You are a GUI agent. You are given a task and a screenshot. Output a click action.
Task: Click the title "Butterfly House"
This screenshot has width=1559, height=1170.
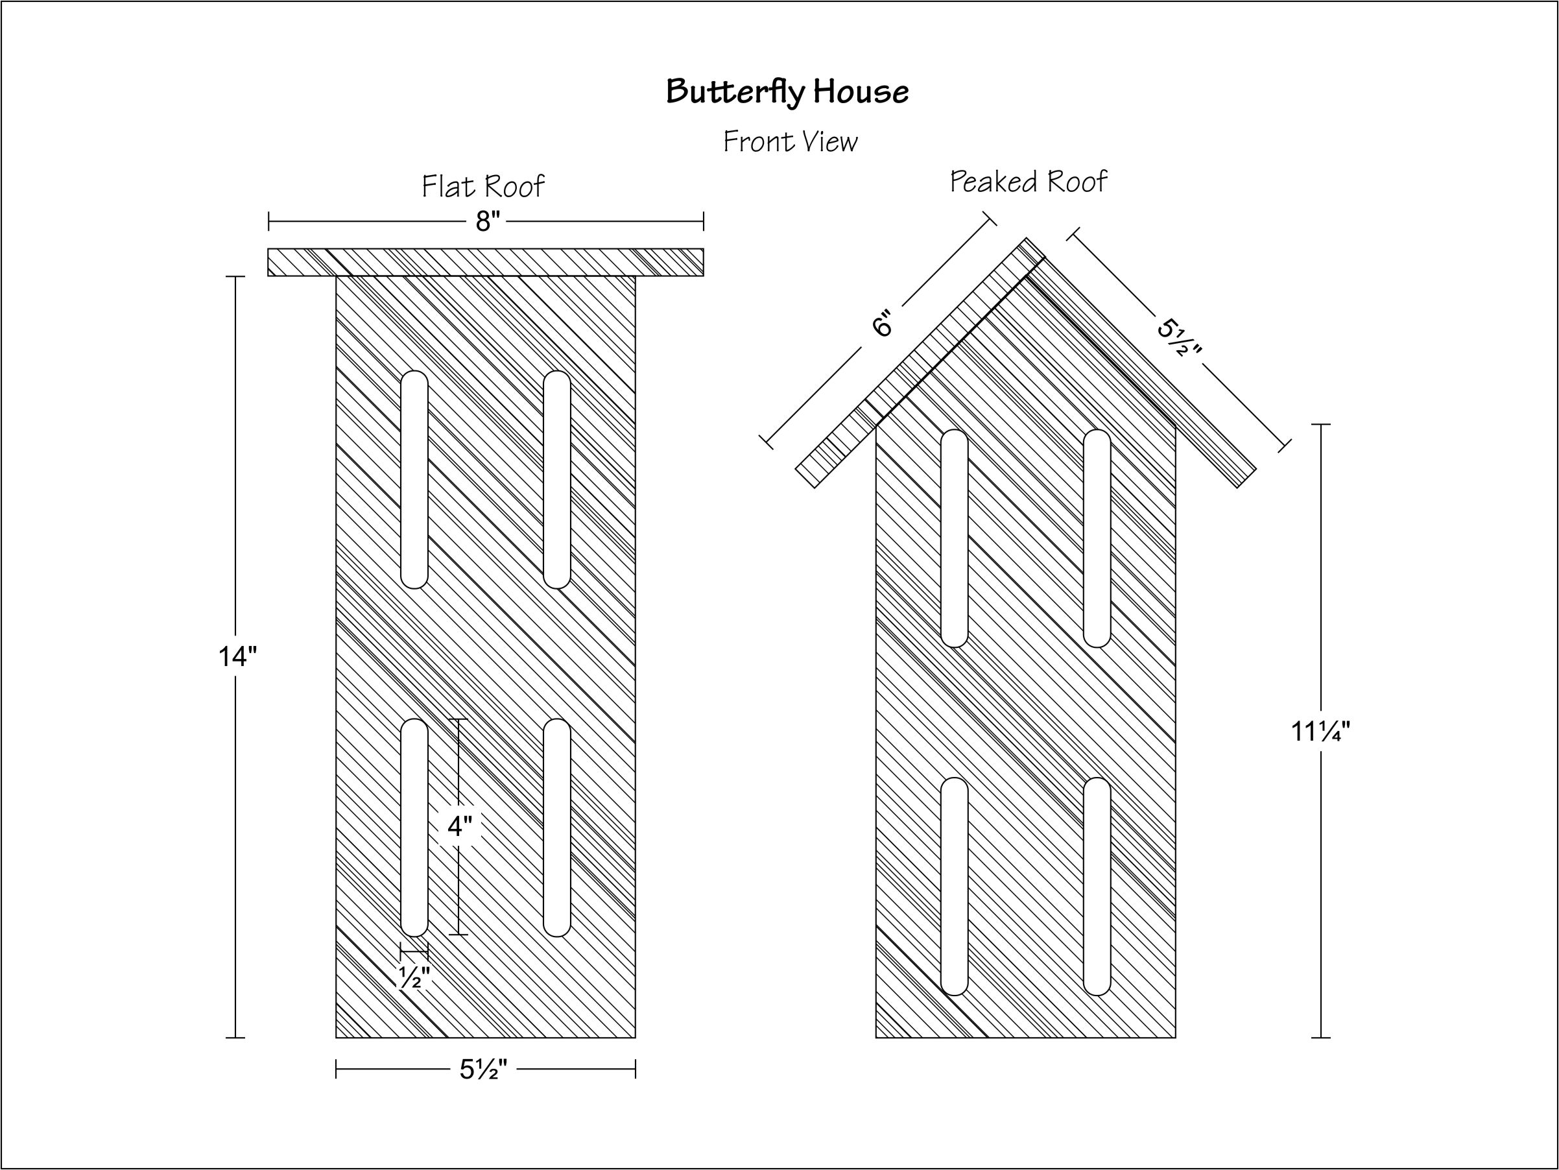[x=787, y=91]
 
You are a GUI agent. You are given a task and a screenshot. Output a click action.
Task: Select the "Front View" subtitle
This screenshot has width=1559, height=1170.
[x=790, y=141]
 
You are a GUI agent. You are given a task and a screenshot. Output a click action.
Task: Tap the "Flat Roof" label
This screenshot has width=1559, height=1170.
[x=482, y=186]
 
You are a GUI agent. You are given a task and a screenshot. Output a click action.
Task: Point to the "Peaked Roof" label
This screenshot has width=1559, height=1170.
[x=1029, y=181]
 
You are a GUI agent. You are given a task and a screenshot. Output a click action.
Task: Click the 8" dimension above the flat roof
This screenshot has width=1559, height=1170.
[x=487, y=221]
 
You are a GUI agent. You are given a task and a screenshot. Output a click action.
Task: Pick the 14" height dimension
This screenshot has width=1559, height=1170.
[x=237, y=657]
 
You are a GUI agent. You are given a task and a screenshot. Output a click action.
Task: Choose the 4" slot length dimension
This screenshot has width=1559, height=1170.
[x=460, y=826]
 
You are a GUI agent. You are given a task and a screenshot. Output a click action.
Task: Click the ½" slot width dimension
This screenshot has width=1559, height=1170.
[x=414, y=977]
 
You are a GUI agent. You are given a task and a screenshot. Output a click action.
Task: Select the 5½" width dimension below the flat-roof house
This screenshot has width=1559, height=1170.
[x=484, y=1070]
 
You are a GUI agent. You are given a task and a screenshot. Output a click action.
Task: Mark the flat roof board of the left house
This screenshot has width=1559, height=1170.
[x=486, y=262]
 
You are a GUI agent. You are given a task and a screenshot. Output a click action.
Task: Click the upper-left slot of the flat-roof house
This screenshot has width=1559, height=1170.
[x=414, y=479]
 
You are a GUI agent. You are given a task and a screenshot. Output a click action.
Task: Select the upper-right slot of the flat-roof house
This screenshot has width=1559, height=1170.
[x=557, y=479]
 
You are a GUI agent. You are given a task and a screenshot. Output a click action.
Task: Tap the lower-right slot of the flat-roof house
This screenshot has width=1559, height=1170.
[x=557, y=828]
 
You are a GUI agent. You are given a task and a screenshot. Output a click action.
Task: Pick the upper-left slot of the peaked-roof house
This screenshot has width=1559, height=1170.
[x=955, y=538]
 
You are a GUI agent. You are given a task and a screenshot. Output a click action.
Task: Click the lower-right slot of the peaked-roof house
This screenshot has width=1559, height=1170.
[x=1097, y=886]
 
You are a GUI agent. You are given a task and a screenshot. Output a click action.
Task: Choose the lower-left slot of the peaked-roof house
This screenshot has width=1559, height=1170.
[x=955, y=886]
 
